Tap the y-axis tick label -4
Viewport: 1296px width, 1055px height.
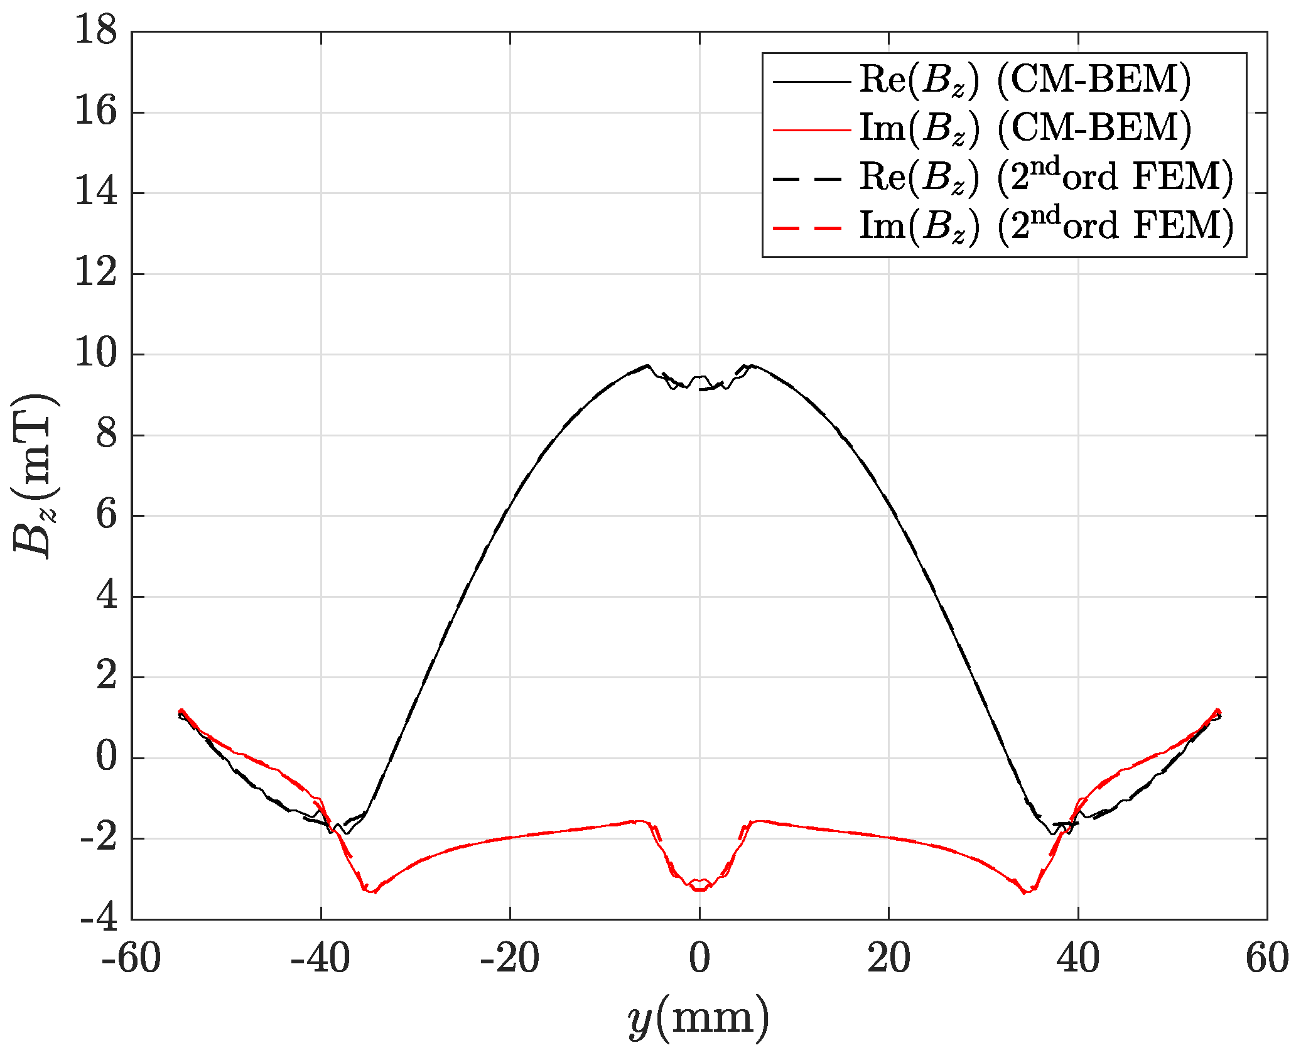point(99,919)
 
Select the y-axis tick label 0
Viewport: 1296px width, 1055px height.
point(106,757)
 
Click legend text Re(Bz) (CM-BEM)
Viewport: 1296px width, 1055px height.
point(1025,80)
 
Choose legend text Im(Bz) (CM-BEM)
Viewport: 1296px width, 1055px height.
point(1025,129)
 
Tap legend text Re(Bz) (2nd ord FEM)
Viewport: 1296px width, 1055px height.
point(1046,177)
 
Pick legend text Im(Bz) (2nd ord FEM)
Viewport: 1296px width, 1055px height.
point(1046,226)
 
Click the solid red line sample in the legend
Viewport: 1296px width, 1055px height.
point(811,129)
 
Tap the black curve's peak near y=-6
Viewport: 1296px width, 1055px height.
point(646,365)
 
